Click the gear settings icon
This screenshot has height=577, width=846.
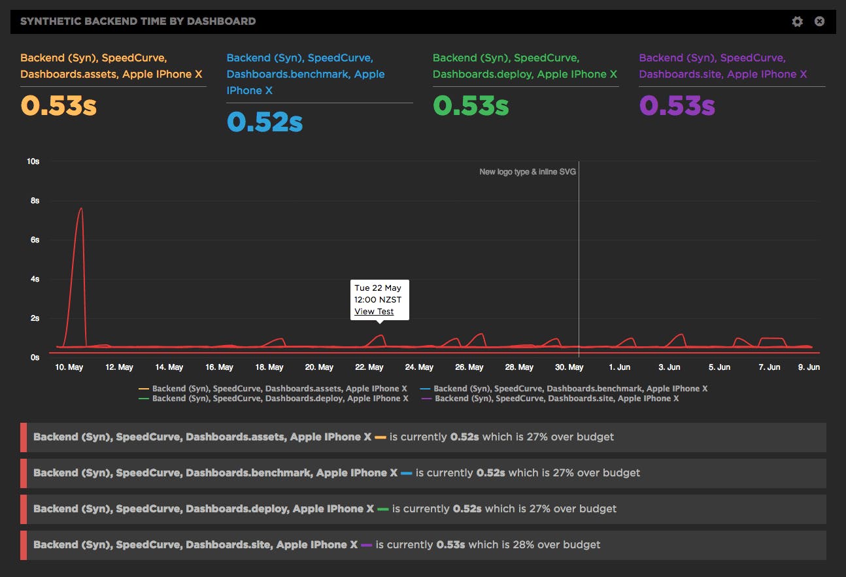tap(797, 22)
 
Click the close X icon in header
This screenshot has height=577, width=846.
tap(819, 22)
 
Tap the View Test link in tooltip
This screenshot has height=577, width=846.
tap(374, 312)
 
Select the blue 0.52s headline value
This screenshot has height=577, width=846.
tap(265, 122)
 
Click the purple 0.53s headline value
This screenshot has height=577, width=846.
tap(677, 106)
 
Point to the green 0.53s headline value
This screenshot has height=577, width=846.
tap(471, 106)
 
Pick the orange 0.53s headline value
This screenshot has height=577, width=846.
tap(59, 106)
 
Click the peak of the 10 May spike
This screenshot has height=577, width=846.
tap(81, 208)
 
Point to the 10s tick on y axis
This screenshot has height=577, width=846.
tap(33, 161)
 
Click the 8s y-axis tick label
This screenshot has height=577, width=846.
tap(34, 201)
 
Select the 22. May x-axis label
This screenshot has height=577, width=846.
tap(369, 367)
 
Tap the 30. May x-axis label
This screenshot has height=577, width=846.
tap(569, 367)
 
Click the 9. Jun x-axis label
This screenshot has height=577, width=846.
tap(809, 367)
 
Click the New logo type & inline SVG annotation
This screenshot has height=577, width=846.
tap(528, 172)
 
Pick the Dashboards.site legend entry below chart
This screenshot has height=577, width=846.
tap(556, 399)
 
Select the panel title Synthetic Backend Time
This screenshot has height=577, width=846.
tap(138, 22)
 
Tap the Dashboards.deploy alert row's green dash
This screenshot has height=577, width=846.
tap(382, 509)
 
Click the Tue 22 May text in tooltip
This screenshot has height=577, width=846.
tap(378, 288)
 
